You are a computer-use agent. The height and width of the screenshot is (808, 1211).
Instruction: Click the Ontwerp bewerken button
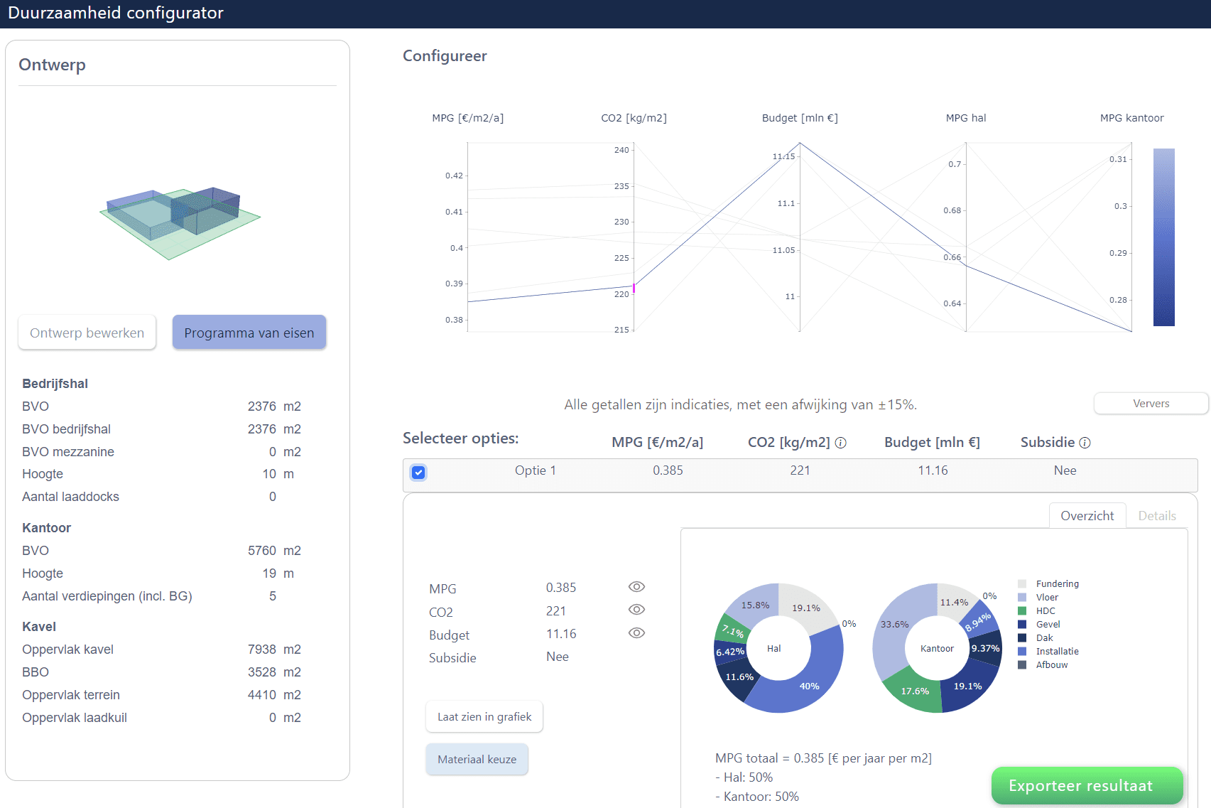[x=87, y=333]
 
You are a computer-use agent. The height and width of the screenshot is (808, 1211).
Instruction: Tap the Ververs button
[x=1151, y=404]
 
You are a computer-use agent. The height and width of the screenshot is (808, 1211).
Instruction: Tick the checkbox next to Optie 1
[x=418, y=473]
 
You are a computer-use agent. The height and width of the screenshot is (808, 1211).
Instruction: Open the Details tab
[x=1156, y=516]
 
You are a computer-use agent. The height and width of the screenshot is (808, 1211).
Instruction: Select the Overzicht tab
[x=1087, y=516]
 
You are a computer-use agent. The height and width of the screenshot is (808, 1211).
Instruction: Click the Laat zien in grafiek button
[x=484, y=717]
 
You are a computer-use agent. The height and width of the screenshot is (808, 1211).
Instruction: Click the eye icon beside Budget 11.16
[x=636, y=633]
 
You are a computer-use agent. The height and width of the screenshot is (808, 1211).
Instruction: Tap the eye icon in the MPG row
[x=636, y=587]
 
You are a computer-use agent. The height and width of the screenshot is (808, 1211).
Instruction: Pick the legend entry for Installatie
[x=1056, y=652]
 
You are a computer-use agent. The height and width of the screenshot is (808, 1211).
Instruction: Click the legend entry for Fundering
[x=1056, y=584]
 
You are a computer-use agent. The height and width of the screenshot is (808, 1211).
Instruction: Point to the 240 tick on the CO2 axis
[x=621, y=150]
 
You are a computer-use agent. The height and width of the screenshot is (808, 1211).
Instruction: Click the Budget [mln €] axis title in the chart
[x=800, y=118]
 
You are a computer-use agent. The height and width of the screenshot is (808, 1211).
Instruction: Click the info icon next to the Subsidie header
[x=1085, y=443]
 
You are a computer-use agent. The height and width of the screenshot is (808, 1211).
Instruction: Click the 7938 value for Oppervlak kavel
[x=261, y=650]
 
